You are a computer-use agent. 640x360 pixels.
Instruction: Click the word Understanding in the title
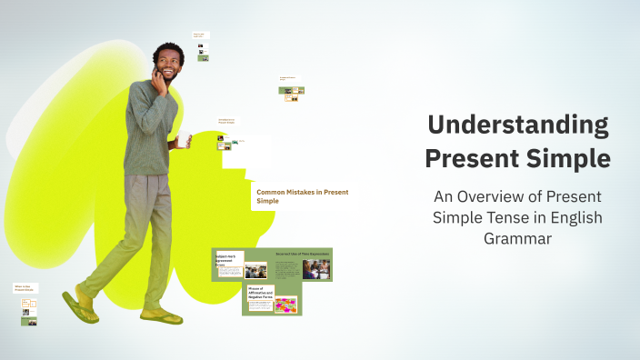click(517, 125)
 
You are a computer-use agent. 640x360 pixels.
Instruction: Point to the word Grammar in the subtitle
click(517, 239)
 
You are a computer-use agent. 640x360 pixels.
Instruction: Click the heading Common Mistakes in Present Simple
click(302, 196)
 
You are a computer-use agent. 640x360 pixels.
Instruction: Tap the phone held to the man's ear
click(155, 77)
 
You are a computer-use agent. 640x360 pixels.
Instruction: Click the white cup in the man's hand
click(184, 138)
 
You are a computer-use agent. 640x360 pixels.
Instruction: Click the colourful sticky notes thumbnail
click(285, 305)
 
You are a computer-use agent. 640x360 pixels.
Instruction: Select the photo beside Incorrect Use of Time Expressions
click(316, 269)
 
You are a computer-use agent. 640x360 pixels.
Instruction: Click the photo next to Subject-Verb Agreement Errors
click(255, 270)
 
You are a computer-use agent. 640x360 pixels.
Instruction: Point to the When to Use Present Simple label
click(25, 288)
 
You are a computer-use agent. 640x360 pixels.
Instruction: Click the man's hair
click(167, 49)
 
